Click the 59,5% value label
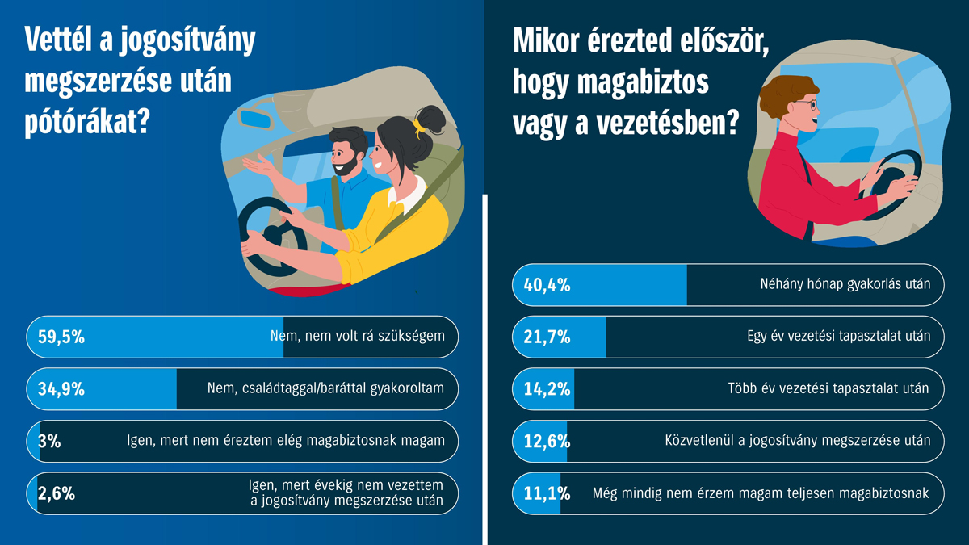[61, 337]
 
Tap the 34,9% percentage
[61, 389]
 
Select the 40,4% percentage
[547, 285]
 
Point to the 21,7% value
[547, 337]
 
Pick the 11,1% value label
[547, 493]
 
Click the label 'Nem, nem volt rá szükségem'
[357, 336]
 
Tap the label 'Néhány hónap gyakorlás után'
[845, 284]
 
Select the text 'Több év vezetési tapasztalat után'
[828, 388]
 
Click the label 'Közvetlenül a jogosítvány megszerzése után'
[798, 441]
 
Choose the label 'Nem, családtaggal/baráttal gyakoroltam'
[325, 388]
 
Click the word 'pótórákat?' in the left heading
[87, 122]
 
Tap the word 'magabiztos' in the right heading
[643, 82]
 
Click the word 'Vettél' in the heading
[58, 40]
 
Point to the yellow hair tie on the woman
[418, 128]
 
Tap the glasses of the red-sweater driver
[807, 105]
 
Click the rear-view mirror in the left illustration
[256, 119]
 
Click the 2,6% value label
[57, 493]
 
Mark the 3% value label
[49, 441]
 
